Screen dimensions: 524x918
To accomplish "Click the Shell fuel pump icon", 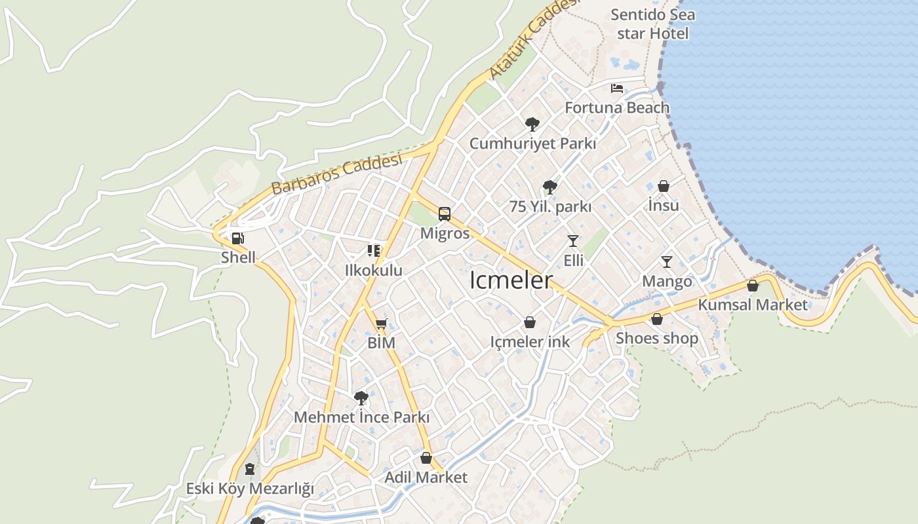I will click(238, 238).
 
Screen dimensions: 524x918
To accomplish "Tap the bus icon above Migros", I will click(445, 214).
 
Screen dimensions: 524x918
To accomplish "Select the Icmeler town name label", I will click(511, 280).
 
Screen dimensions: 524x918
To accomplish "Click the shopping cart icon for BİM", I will click(382, 323).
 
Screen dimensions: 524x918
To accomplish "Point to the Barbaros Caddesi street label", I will click(336, 175).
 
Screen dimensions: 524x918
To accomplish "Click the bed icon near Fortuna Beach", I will click(617, 88).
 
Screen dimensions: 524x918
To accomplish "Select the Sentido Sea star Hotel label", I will click(652, 24).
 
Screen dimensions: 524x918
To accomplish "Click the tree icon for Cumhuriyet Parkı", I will click(532, 124).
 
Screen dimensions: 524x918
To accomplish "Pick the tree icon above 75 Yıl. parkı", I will click(549, 187).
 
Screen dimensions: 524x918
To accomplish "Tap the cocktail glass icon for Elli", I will click(573, 241).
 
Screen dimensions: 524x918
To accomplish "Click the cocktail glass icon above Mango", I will click(667, 262).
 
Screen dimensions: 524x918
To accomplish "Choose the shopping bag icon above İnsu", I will click(664, 187).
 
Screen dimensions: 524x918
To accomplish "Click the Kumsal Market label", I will click(753, 305).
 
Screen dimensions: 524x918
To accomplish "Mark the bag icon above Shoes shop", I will click(656, 319).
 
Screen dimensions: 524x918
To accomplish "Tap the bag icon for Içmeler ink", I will click(530, 322).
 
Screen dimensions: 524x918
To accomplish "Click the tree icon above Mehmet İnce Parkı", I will click(361, 398).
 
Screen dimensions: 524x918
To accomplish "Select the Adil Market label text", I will click(426, 477).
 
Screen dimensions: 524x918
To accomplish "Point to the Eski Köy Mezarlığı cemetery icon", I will click(249, 469).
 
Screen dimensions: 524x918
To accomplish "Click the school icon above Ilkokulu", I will click(374, 250).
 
